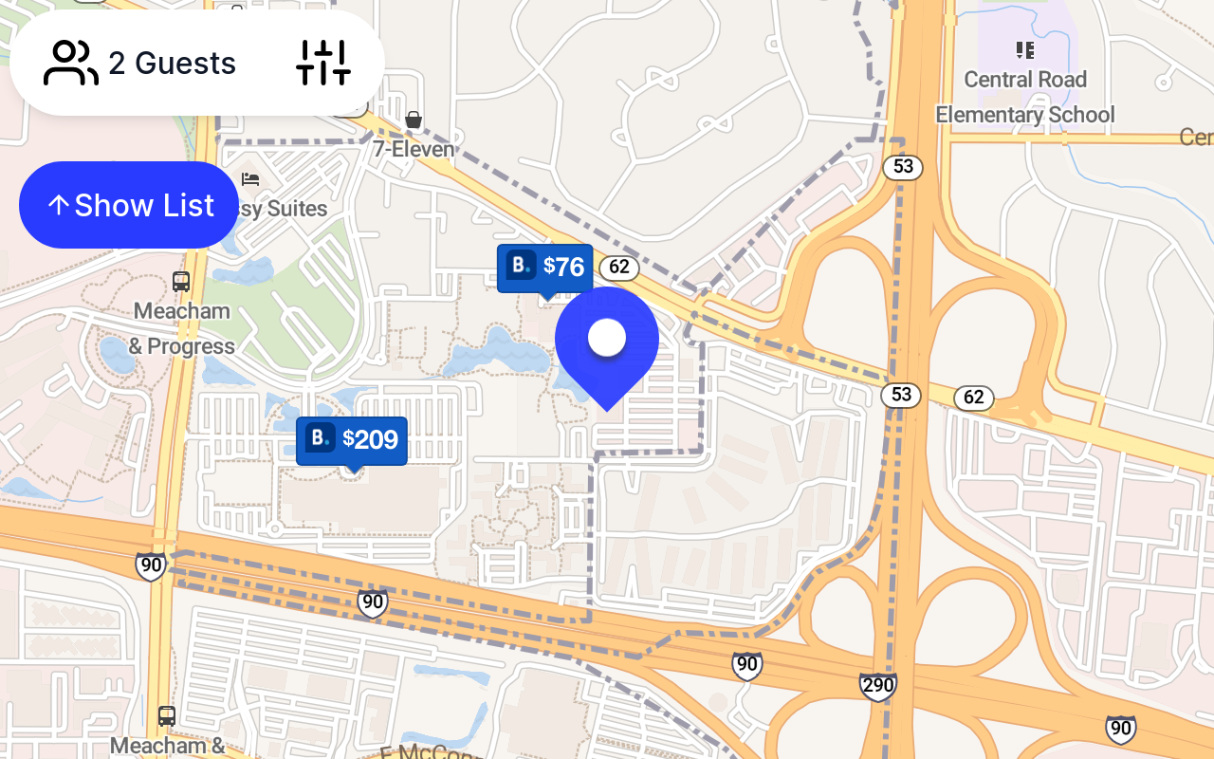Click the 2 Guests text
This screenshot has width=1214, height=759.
(x=172, y=64)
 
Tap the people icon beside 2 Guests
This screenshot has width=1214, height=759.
(x=70, y=64)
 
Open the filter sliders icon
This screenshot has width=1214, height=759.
(x=323, y=64)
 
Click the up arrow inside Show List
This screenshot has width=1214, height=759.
(x=58, y=205)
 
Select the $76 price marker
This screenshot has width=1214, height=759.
(x=545, y=268)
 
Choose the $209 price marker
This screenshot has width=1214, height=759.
(x=352, y=440)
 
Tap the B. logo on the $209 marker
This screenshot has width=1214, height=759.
(x=322, y=438)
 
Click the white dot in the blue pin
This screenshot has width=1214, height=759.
(x=607, y=337)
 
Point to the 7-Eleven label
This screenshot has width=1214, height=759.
(x=413, y=149)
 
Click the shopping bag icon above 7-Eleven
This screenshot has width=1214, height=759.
(x=413, y=120)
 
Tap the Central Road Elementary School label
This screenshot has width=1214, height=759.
(x=1024, y=97)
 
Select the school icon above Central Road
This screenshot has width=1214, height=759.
(x=1024, y=49)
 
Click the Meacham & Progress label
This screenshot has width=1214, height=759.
(x=182, y=328)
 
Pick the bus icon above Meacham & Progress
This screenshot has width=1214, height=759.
(x=181, y=282)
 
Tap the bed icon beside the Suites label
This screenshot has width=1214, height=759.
(x=250, y=178)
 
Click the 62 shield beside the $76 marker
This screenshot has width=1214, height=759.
(x=619, y=268)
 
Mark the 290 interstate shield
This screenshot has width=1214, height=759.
(x=877, y=686)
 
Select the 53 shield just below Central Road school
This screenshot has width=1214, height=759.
(x=903, y=168)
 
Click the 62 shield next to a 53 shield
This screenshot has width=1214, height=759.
(x=973, y=398)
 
